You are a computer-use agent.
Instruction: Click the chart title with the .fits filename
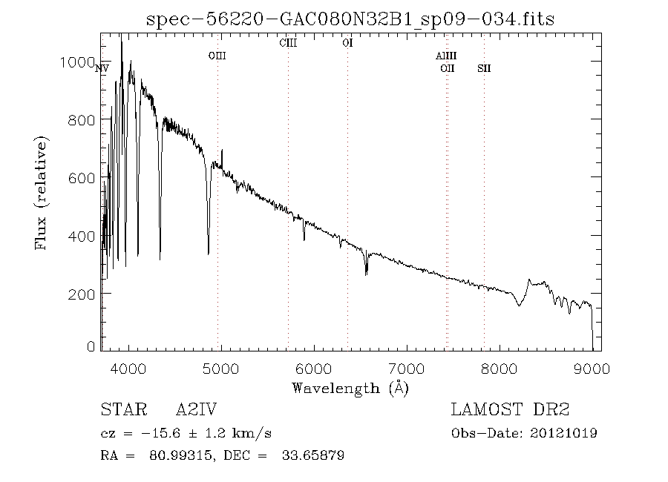pyautogui.click(x=350, y=19)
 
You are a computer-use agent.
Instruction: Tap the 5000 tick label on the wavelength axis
pyautogui.click(x=220, y=369)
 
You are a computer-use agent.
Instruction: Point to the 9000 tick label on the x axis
pyautogui.click(x=592, y=369)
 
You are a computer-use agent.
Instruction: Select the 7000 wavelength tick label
pyautogui.click(x=407, y=369)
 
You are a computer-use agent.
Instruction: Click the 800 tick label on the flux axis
pyautogui.click(x=82, y=120)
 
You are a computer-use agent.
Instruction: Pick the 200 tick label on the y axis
pyautogui.click(x=82, y=294)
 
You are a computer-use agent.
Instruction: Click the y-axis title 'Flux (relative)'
pyautogui.click(x=42, y=193)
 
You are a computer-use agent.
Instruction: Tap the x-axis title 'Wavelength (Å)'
pyautogui.click(x=350, y=389)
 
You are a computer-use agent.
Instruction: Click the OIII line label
pyautogui.click(x=217, y=56)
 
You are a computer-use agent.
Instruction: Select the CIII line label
pyautogui.click(x=288, y=43)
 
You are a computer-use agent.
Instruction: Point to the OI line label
pyautogui.click(x=347, y=43)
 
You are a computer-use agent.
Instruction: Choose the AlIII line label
pyautogui.click(x=446, y=56)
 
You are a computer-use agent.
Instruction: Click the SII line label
pyautogui.click(x=484, y=68)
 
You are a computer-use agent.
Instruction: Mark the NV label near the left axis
pyautogui.click(x=102, y=68)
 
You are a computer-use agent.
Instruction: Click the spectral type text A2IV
pyautogui.click(x=197, y=409)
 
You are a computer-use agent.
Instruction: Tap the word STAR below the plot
pyautogui.click(x=124, y=409)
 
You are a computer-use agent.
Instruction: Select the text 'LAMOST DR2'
pyautogui.click(x=510, y=409)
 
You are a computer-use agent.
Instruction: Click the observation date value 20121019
pyautogui.click(x=563, y=434)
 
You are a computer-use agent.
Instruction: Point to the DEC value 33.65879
pyautogui.click(x=313, y=455)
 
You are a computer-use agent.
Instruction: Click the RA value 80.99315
pyautogui.click(x=180, y=455)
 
